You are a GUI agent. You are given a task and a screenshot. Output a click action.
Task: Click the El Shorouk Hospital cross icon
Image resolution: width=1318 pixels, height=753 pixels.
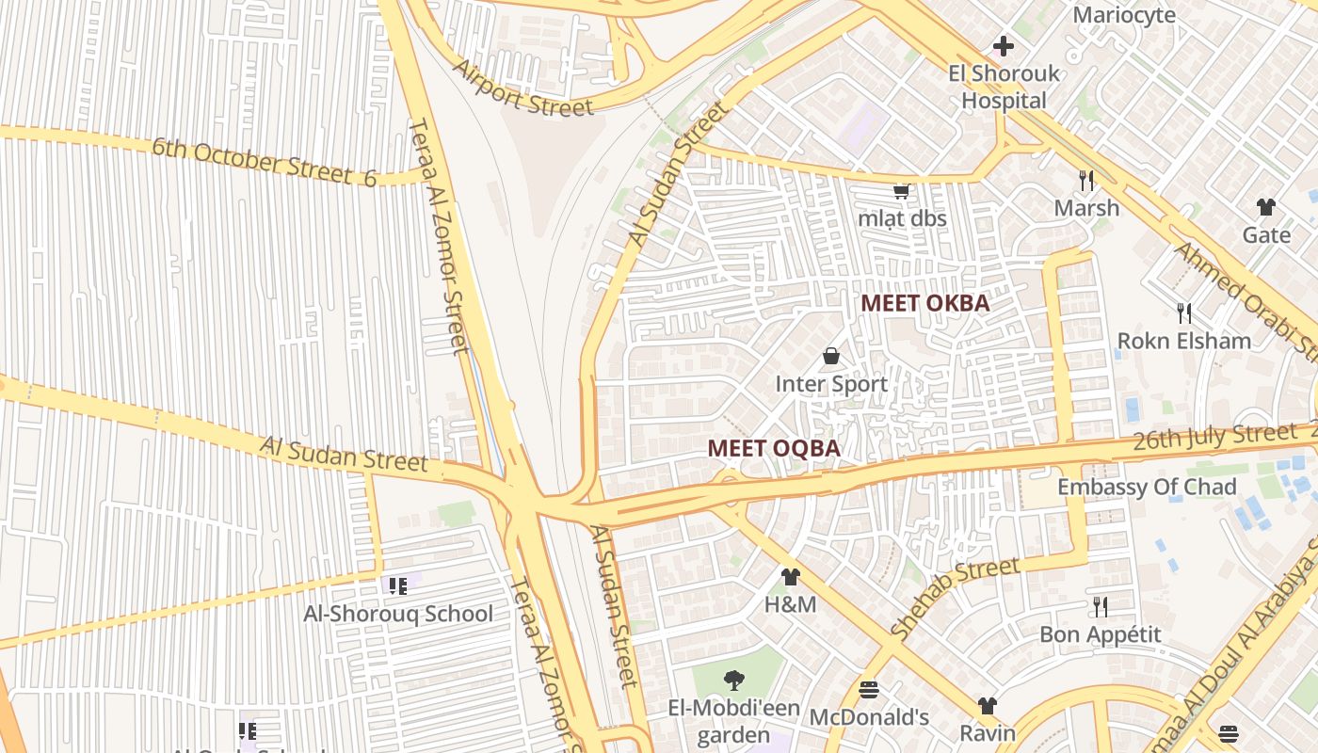point(1004,45)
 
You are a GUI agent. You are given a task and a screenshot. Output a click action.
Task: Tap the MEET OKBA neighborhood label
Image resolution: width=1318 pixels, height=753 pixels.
point(925,303)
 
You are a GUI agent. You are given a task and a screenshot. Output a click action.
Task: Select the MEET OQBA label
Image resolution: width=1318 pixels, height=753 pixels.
point(774,449)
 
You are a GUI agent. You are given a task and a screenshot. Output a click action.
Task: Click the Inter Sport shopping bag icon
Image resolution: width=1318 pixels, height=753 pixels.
point(831,356)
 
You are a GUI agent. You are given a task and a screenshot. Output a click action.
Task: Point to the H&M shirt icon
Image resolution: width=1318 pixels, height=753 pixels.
point(790,576)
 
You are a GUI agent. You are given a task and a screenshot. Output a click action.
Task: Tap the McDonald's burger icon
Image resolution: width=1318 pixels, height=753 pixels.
point(869,690)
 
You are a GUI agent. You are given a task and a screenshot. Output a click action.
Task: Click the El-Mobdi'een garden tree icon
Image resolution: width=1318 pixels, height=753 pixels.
point(733,680)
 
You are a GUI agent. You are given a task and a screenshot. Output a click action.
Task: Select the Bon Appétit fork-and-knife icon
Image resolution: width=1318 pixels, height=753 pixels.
point(1100,606)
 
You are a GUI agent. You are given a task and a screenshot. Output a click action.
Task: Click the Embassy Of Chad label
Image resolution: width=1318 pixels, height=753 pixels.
point(1147,487)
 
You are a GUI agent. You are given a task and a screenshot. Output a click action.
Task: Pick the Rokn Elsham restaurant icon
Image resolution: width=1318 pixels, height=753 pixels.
point(1184,312)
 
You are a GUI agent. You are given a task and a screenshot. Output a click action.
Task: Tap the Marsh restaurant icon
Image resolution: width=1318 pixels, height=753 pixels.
point(1086,180)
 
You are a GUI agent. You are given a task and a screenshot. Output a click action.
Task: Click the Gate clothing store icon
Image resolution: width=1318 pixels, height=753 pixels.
point(1266,207)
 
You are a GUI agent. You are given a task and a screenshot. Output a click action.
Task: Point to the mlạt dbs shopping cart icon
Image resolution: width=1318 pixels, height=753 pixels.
point(901,191)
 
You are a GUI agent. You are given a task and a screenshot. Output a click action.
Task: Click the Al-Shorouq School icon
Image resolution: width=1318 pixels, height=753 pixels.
point(398,586)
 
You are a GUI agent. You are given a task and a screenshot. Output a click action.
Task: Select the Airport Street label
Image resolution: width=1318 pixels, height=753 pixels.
point(523,88)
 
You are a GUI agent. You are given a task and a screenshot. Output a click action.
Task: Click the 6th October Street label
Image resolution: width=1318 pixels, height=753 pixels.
point(264,162)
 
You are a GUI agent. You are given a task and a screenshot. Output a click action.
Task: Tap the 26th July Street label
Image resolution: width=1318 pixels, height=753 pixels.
point(1214,437)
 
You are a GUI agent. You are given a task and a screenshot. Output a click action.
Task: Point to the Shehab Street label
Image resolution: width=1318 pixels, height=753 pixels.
point(955,598)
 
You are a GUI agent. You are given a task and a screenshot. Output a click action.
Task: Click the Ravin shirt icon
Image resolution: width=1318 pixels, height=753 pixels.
point(987,705)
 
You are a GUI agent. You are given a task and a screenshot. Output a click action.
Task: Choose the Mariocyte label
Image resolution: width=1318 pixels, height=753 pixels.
point(1124,15)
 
